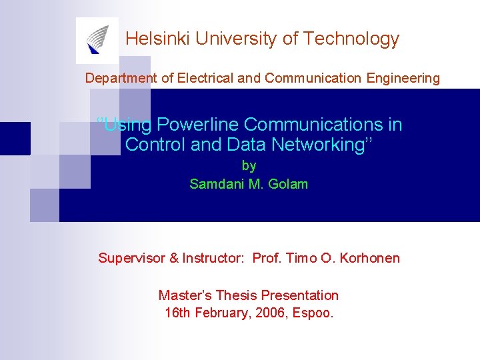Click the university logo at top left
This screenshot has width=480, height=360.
pos(97,40)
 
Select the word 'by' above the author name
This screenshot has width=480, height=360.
pos(249,165)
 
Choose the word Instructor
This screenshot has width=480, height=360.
pos(212,258)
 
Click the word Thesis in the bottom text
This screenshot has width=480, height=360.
pos(235,295)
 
